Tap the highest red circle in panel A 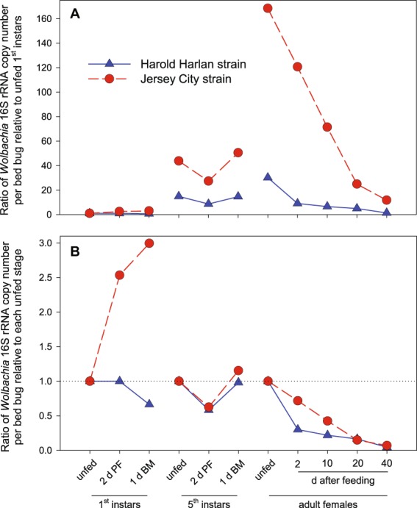[268, 8]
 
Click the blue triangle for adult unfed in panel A [268, 177]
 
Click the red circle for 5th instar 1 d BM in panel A [238, 153]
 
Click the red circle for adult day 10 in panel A [327, 127]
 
